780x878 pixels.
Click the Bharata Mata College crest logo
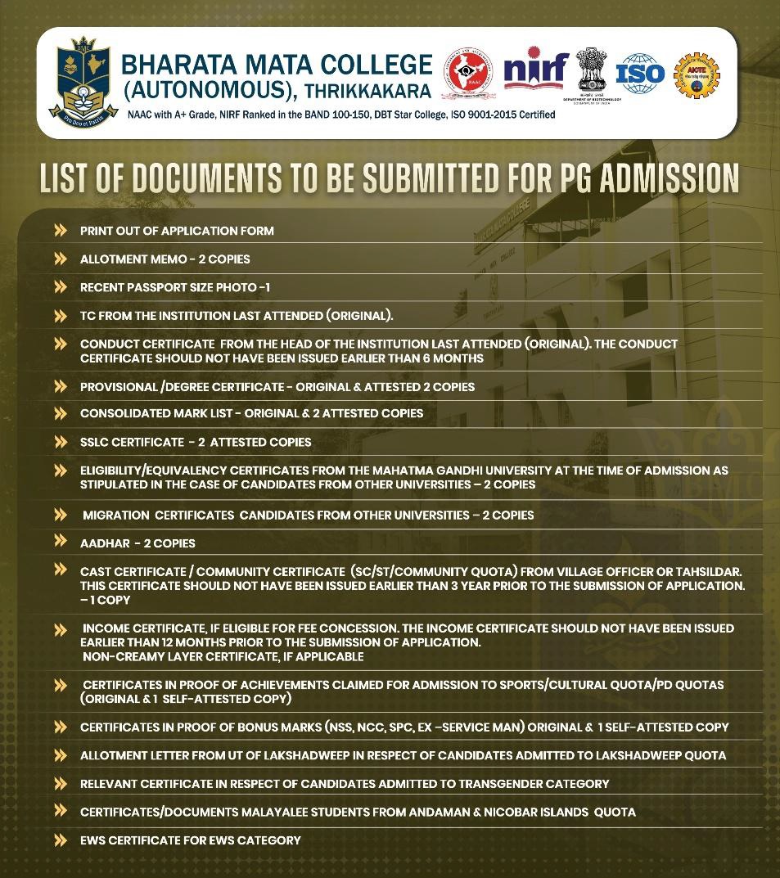[x=79, y=79]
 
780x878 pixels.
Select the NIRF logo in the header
[x=535, y=71]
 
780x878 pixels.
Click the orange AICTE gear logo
[x=696, y=75]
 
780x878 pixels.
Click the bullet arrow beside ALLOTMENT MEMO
[x=61, y=259]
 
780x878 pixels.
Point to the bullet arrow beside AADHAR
[x=61, y=541]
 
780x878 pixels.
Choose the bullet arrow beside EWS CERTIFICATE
[x=61, y=840]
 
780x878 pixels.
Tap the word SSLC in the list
[x=95, y=442]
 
